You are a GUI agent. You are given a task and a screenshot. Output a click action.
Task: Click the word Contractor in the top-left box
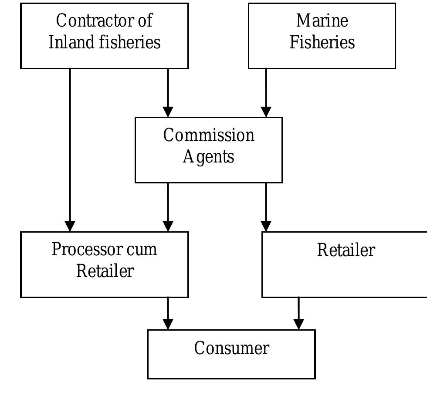(x=94, y=20)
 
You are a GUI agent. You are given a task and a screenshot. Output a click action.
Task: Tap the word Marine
(x=322, y=20)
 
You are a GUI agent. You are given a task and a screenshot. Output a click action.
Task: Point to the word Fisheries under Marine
(x=322, y=43)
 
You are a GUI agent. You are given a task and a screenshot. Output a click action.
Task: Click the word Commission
(x=209, y=135)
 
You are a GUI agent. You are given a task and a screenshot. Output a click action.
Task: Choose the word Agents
(x=209, y=157)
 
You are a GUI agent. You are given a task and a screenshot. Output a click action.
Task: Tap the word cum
(x=142, y=250)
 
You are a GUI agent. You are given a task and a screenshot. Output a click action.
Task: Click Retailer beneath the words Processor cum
(x=105, y=271)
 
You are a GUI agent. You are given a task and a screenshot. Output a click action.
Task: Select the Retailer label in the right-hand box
(x=346, y=250)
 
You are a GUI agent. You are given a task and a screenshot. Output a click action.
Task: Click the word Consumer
(x=231, y=348)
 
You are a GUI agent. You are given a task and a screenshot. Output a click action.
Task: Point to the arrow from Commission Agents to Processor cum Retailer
(x=168, y=207)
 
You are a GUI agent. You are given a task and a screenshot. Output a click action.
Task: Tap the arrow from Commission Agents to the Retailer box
(x=266, y=207)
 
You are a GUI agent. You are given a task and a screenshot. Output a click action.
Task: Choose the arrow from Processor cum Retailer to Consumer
(x=168, y=314)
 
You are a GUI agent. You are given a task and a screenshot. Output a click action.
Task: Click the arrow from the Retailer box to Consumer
(x=298, y=314)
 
